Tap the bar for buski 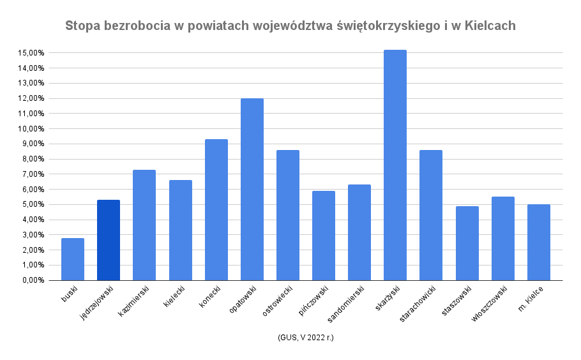click(73, 259)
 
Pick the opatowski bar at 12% click(252, 189)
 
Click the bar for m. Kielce click(539, 243)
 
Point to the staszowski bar click(467, 243)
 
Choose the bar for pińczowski click(324, 236)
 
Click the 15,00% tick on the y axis click(31, 53)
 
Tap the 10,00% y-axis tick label click(31, 129)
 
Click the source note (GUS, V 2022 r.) click(306, 338)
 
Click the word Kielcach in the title click(490, 26)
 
